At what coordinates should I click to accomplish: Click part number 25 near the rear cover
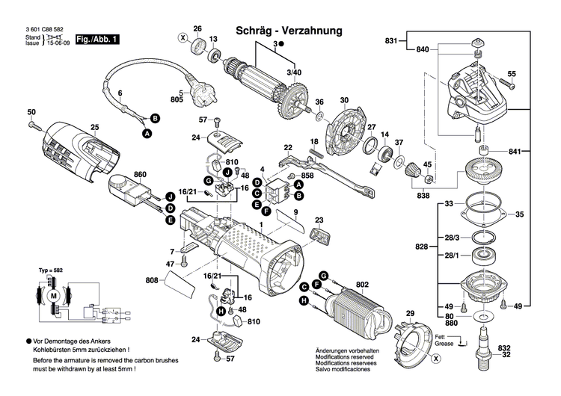coord(95,128)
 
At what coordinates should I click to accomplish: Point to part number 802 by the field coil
coord(363,285)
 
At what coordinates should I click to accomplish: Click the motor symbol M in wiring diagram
coord(53,296)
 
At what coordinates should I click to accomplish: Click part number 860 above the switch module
coord(139,175)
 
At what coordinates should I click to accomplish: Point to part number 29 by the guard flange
coord(409,312)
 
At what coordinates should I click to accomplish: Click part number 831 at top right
coord(392,40)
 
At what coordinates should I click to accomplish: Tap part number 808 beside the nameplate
coord(152,281)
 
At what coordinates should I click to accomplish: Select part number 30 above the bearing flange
coord(344,101)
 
